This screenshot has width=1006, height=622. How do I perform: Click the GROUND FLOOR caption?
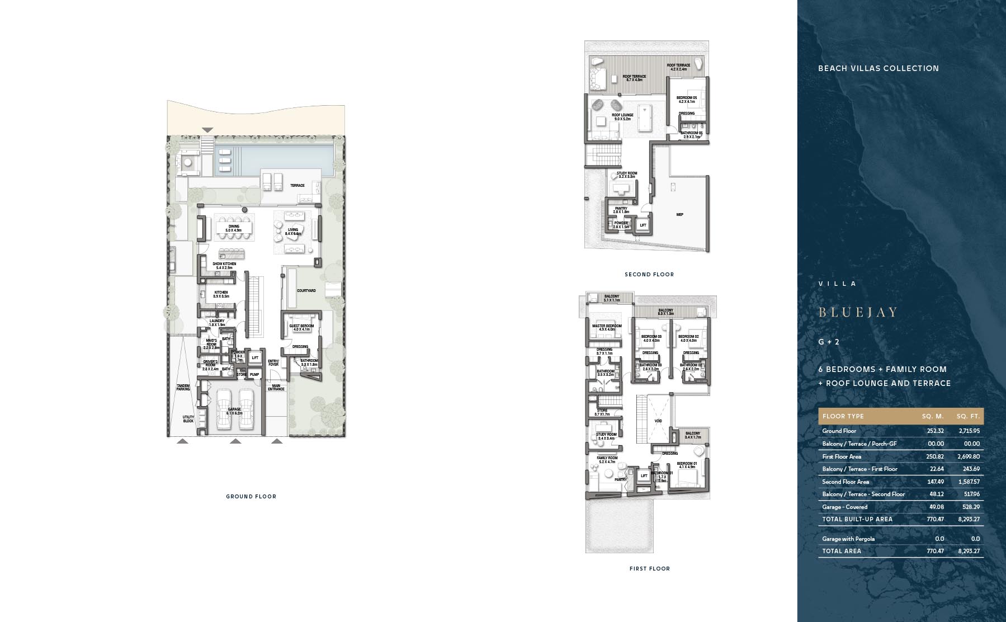coord(251,496)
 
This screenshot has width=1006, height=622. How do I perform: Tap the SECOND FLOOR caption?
coord(649,274)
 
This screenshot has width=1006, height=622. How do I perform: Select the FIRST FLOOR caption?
coord(649,568)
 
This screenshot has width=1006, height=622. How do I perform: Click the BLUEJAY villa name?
coord(858,312)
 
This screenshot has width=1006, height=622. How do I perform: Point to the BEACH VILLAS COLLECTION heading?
coord(878,68)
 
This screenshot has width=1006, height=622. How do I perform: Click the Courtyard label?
coord(306,291)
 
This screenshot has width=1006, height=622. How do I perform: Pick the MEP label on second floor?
coord(680,214)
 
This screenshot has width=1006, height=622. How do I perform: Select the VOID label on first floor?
coord(658,421)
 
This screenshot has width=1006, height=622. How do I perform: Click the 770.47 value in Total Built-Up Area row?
coord(934,519)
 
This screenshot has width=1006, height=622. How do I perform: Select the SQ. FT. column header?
coord(967,416)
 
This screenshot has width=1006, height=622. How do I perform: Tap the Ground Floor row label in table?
coord(839,431)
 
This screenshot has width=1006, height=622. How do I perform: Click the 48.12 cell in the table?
coord(934,494)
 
